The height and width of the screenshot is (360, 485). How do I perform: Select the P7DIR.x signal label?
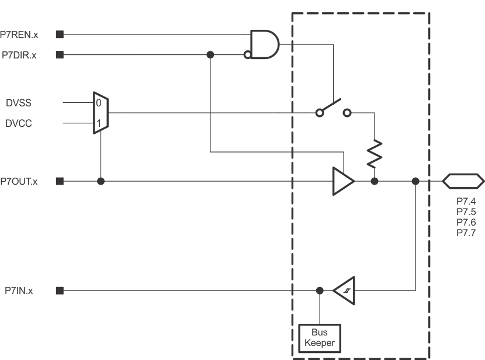coord(20,55)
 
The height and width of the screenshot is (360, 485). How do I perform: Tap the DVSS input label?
coord(19,103)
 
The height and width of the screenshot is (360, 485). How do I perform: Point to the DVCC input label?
coord(19,124)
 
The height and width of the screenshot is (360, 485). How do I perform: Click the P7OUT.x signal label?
coord(19,181)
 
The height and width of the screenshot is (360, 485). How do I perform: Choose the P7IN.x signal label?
coord(19,290)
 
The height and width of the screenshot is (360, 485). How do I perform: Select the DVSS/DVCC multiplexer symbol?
coord(101,113)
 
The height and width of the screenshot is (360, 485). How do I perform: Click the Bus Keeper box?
coord(320,337)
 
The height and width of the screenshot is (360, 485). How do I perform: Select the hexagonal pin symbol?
coord(463,181)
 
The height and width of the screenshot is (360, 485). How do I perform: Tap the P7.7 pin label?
coord(466,233)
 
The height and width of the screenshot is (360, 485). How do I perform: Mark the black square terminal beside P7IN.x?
coord(60,290)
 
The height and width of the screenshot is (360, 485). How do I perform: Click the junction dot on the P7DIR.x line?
coord(210,55)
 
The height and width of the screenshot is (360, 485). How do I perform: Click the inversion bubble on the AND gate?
coord(248,55)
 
